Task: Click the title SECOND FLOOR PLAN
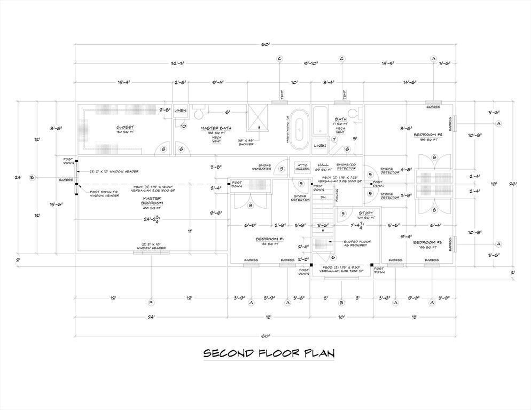tap(268, 353)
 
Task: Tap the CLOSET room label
tap(124, 128)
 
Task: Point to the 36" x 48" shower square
tap(260, 118)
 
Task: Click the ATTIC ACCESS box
tap(302, 165)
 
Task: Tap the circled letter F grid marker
tap(151, 303)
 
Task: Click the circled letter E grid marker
tap(341, 303)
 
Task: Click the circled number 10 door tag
tap(183, 126)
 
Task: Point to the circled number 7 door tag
tap(335, 139)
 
